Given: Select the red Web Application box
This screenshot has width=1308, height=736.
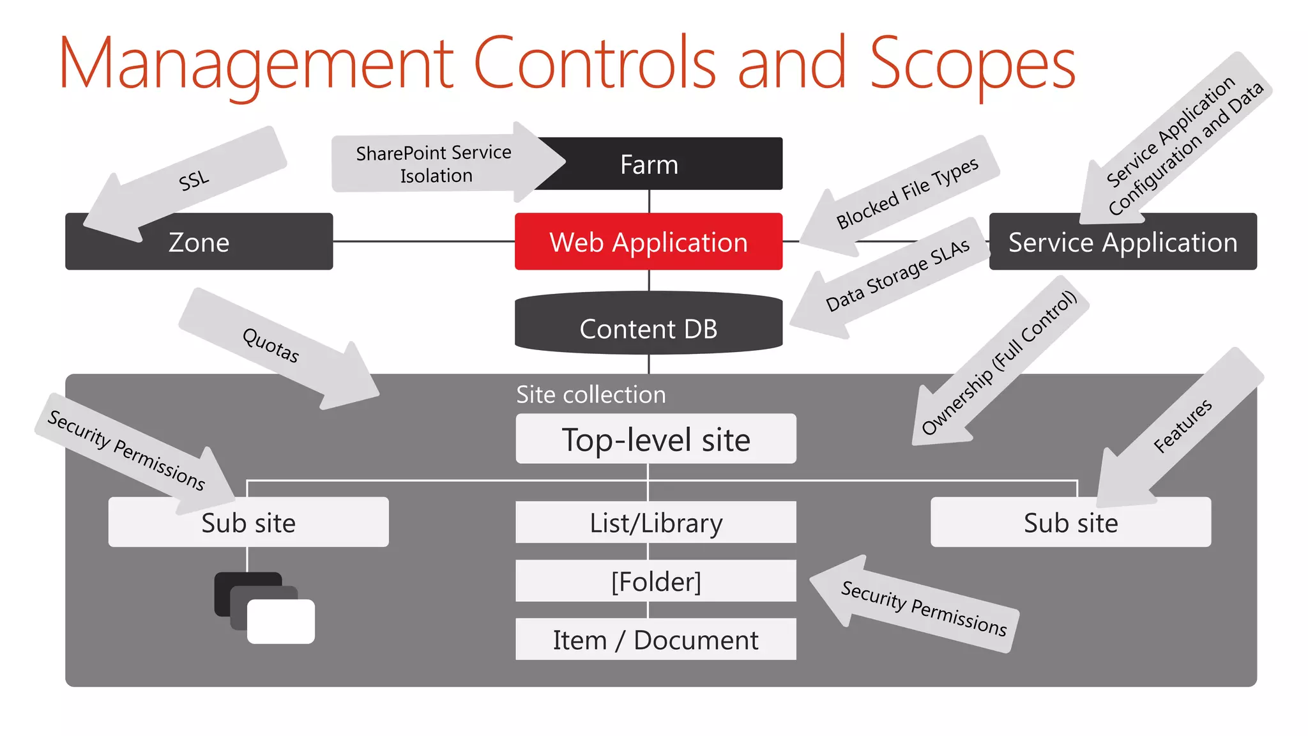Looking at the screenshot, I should pos(648,241).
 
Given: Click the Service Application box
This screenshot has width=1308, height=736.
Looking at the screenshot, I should pos(1122,243).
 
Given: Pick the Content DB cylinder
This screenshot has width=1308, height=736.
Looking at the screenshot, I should pos(648,327).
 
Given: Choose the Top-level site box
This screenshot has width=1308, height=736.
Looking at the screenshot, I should pos(656,440).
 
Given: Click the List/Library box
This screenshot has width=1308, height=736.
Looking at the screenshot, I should pos(656,523).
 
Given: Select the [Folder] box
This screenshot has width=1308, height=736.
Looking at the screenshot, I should pos(656,581).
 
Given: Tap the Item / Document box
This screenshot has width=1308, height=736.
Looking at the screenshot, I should pos(656,640).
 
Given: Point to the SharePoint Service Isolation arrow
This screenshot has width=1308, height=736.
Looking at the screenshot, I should pos(434,164).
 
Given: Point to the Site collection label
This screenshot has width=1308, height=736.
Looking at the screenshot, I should pos(591,395).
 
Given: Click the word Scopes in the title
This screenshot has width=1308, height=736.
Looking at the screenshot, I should pos(972,64).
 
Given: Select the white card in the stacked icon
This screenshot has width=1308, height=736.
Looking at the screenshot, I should pos(281,622).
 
